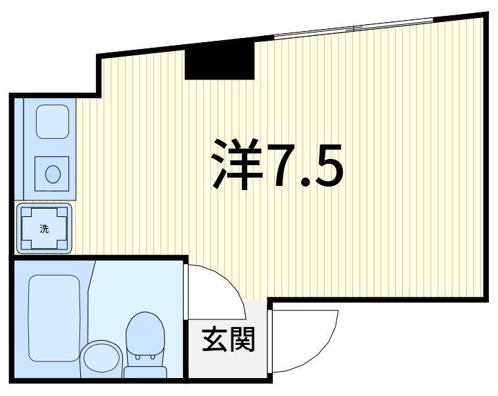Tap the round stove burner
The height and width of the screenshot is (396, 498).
(x=52, y=173)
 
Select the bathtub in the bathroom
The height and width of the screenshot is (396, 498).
(x=55, y=314)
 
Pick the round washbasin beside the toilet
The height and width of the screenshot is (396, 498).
(x=100, y=359)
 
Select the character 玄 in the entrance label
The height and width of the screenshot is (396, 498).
(x=215, y=339)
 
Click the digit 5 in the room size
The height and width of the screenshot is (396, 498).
(x=327, y=166)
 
